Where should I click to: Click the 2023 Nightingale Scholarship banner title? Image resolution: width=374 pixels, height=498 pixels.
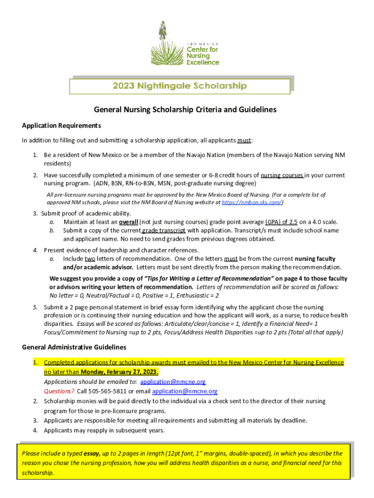click(180, 86)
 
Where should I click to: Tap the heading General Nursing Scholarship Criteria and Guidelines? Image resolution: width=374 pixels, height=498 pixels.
click(185, 110)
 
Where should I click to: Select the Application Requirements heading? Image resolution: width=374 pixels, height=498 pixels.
click(62, 126)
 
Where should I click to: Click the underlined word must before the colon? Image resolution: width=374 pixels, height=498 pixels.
click(244, 141)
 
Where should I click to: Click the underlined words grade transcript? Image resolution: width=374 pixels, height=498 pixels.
click(162, 231)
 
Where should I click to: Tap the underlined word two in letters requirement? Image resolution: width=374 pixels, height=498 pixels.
click(90, 259)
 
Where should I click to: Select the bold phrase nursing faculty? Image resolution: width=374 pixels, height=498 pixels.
click(315, 259)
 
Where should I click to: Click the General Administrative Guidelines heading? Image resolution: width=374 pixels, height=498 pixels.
click(74, 347)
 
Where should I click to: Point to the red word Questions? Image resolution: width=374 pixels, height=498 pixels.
click(59, 391)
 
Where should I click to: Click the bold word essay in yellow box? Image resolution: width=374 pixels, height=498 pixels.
click(92, 453)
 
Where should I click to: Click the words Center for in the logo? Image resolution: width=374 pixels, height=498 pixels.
click(203, 50)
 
